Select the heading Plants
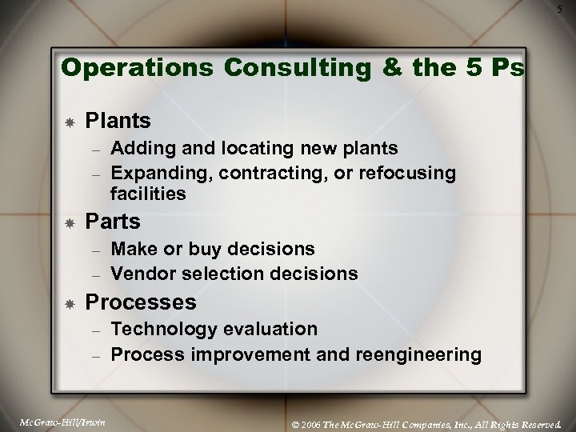point(118,121)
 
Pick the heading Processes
point(140,302)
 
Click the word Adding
point(138,149)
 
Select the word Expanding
point(156,173)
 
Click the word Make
point(132,250)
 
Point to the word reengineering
point(424,353)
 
